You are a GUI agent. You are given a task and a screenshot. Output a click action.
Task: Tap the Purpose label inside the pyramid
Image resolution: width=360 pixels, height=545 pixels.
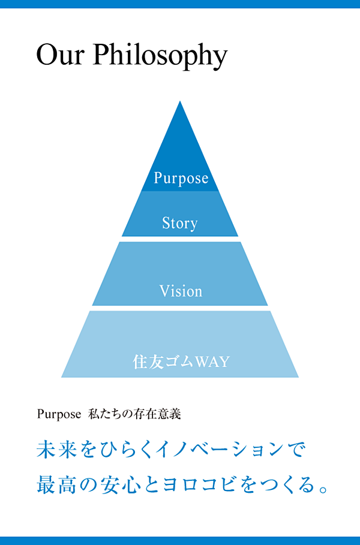pos(181,178)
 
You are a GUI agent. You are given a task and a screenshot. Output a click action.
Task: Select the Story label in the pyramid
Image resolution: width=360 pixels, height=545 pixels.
pos(179,224)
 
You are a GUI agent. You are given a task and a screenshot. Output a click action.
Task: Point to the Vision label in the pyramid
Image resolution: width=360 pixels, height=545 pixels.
pos(181,291)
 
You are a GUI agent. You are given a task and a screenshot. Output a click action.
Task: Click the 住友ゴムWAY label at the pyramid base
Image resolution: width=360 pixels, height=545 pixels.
pos(181,362)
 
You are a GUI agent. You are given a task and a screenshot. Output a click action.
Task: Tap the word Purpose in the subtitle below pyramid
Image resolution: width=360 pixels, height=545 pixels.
pos(58,414)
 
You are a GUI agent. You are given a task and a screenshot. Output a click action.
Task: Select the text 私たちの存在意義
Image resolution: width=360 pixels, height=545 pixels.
pos(135,414)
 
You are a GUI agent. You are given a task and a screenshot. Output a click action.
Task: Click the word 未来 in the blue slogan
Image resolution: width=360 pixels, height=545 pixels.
pos(57,450)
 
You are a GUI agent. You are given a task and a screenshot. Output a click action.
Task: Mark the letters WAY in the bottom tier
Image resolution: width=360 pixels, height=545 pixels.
pos(212,362)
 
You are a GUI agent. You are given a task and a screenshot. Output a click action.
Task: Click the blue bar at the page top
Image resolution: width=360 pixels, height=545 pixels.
pos(180,4)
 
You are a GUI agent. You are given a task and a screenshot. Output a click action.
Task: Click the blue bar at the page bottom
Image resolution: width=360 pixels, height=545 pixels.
pos(180,541)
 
